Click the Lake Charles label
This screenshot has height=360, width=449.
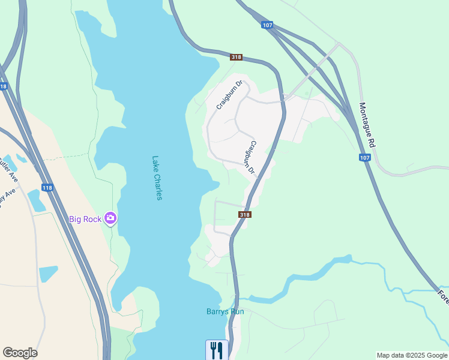(x=157, y=178)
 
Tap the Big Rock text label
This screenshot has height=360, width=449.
(x=85, y=219)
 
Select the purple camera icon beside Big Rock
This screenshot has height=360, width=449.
(x=110, y=218)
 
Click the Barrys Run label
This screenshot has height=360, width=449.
(x=224, y=311)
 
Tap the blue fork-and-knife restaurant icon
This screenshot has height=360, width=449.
(x=217, y=349)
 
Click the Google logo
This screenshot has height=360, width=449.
(x=20, y=353)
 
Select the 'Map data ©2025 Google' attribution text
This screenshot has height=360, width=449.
(x=412, y=355)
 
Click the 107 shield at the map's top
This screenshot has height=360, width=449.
(x=268, y=25)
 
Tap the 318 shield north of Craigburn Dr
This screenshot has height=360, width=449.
(x=236, y=57)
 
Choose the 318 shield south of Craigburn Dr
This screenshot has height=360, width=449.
(x=244, y=215)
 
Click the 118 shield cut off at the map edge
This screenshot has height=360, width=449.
(x=3, y=86)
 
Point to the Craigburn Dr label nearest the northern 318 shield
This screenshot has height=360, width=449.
(x=229, y=95)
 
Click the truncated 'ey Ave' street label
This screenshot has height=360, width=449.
(x=7, y=196)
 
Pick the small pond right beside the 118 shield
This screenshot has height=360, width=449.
(x=36, y=200)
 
